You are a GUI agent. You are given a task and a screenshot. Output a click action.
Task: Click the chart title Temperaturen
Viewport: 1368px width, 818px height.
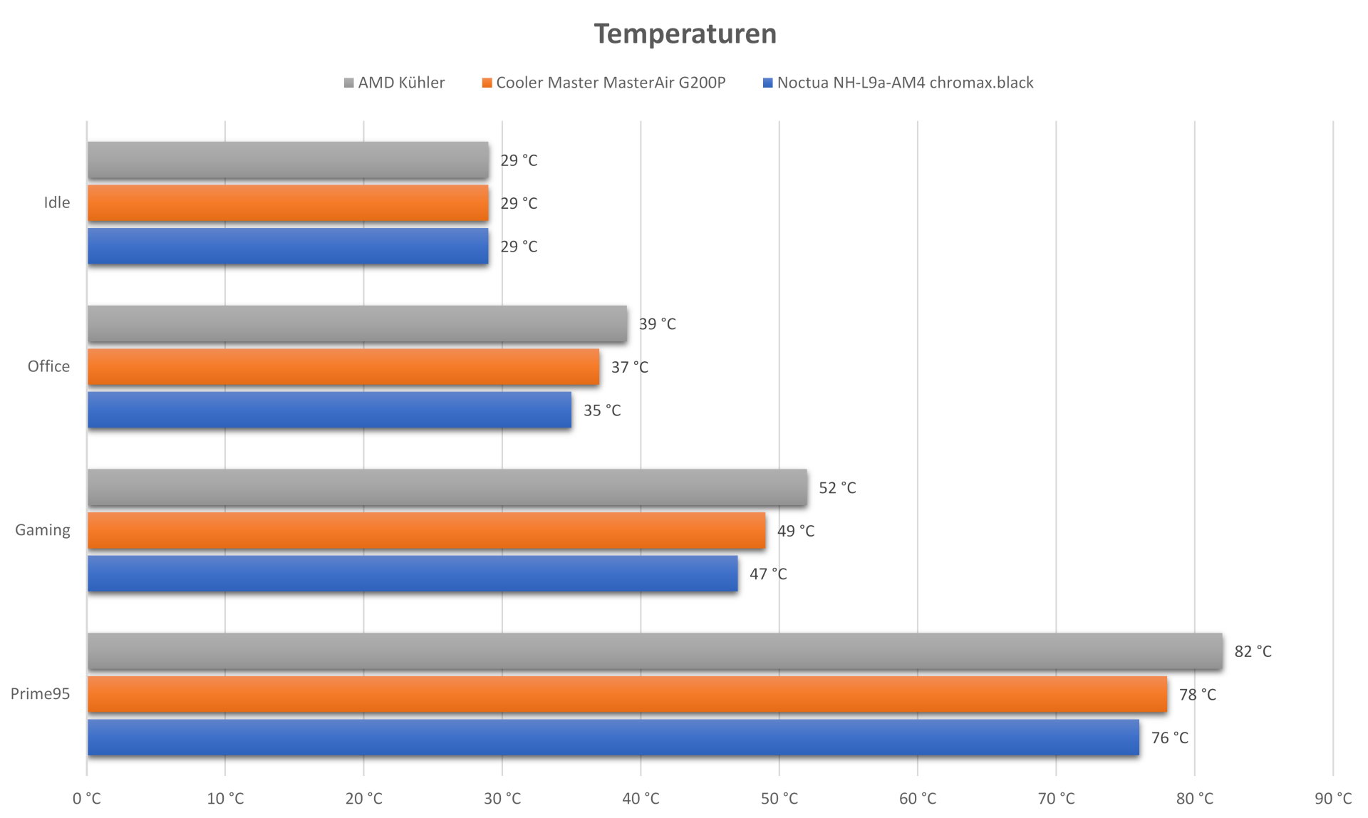click(685, 34)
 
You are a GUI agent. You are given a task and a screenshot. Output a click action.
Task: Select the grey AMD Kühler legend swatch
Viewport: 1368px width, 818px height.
click(348, 83)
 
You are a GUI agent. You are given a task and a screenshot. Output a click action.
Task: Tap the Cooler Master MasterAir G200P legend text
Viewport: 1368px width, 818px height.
click(611, 83)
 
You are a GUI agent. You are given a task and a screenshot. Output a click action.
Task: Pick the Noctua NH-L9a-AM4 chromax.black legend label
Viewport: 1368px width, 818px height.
click(905, 83)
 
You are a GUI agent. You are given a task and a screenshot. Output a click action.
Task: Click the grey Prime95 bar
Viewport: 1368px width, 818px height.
click(654, 651)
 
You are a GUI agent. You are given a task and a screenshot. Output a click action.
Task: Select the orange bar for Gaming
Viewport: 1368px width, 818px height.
click(426, 531)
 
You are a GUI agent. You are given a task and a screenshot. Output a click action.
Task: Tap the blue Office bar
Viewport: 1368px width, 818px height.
click(329, 410)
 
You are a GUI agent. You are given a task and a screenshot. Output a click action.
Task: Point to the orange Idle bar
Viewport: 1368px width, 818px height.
click(288, 203)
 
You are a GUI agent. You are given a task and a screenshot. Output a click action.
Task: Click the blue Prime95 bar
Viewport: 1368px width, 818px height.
click(613, 737)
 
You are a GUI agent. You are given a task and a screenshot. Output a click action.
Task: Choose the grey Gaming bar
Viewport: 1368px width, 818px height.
click(447, 487)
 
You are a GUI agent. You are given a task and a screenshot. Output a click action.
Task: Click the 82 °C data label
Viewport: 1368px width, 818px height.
click(1253, 651)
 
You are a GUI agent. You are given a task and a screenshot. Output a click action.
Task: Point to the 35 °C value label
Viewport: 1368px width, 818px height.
click(602, 410)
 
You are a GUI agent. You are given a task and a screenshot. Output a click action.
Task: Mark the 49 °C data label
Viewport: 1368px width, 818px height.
click(795, 531)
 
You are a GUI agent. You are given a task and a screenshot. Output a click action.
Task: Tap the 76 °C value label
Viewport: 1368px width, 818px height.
click(1169, 737)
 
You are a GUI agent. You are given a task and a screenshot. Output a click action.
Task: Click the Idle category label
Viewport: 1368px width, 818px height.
click(57, 202)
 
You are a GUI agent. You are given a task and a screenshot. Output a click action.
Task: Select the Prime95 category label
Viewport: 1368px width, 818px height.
click(41, 693)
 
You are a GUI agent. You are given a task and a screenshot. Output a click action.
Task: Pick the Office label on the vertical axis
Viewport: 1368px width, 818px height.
click(48, 366)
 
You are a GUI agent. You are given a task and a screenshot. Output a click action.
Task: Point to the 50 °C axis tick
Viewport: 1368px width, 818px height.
click(779, 799)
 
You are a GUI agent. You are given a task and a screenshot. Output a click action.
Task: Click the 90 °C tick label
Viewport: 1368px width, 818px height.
click(1332, 799)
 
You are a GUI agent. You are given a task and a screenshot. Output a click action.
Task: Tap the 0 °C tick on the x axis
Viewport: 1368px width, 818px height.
click(87, 799)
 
